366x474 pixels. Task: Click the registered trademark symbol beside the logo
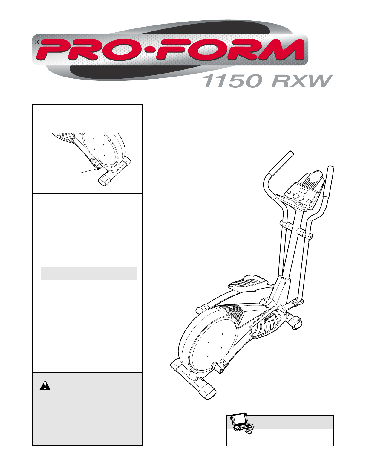point(37,42)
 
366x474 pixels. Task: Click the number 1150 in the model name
point(233,81)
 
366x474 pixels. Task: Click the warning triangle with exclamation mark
point(45,385)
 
